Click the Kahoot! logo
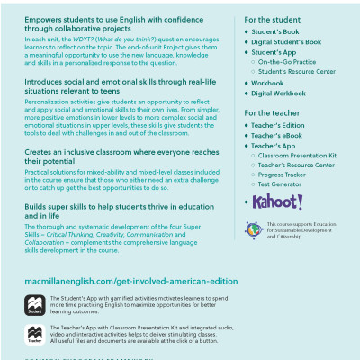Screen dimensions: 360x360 pyautogui.click(x=278, y=202)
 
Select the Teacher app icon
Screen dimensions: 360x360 pyautogui.click(x=35, y=335)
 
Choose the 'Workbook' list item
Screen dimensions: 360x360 pyautogui.click(x=267, y=82)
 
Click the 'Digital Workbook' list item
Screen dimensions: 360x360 pyautogui.click(x=278, y=93)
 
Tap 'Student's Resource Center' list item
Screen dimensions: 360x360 pyautogui.click(x=297, y=71)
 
